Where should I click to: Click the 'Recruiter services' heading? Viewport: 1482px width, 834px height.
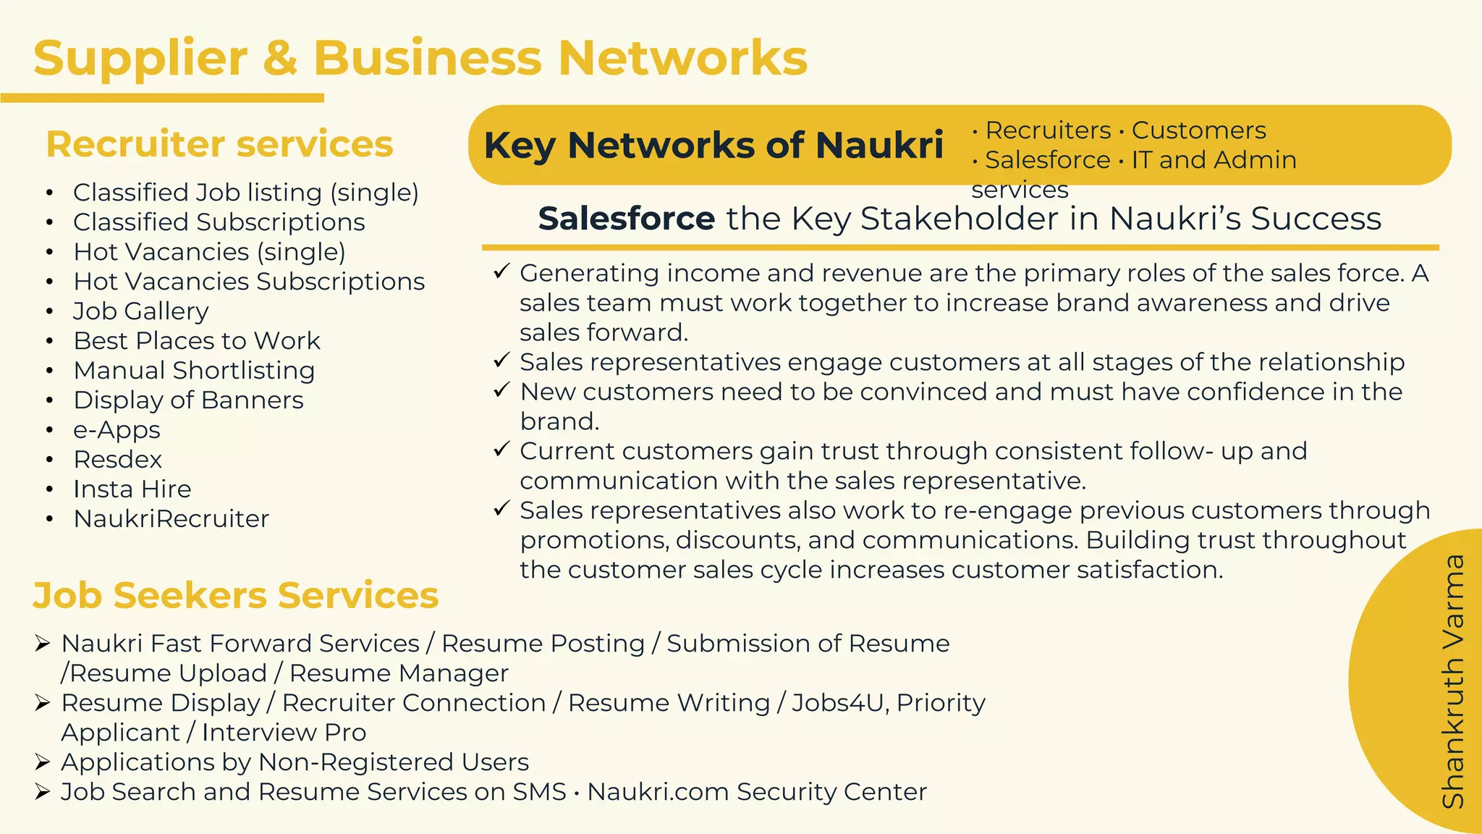(x=219, y=144)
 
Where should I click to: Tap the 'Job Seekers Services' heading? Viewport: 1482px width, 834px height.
(x=236, y=596)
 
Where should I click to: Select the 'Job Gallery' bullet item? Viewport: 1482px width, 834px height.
(x=141, y=311)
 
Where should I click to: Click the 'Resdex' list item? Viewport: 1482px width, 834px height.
(x=118, y=460)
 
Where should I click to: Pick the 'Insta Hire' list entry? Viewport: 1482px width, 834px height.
(x=132, y=489)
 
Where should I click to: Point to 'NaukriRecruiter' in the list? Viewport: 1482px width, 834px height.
(x=172, y=519)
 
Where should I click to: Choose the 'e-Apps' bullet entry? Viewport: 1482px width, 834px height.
(x=117, y=430)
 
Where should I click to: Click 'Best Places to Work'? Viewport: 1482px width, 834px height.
(x=197, y=341)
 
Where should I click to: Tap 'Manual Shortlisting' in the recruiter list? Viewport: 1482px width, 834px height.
(x=194, y=371)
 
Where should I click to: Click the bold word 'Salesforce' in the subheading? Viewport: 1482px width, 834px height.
(x=627, y=219)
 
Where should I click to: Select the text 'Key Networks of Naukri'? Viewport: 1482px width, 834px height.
(x=714, y=145)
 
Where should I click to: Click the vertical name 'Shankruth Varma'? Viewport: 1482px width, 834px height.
(x=1453, y=681)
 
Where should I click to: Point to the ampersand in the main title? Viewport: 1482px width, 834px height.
(x=280, y=58)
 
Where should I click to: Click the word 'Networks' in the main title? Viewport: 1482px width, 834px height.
(x=682, y=58)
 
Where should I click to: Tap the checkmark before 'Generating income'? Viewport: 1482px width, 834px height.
(x=501, y=272)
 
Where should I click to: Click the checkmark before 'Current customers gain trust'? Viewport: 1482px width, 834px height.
(x=501, y=450)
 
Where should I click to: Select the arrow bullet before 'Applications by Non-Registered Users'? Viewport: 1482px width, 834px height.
(x=42, y=762)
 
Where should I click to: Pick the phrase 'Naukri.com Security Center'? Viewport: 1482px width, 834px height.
(x=757, y=792)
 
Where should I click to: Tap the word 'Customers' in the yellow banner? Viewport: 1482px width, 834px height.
(x=1198, y=130)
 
